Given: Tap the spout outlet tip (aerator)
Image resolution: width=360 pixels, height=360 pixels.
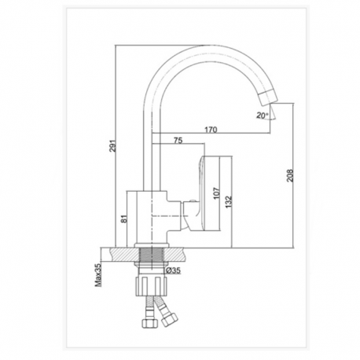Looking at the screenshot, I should [267, 97].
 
